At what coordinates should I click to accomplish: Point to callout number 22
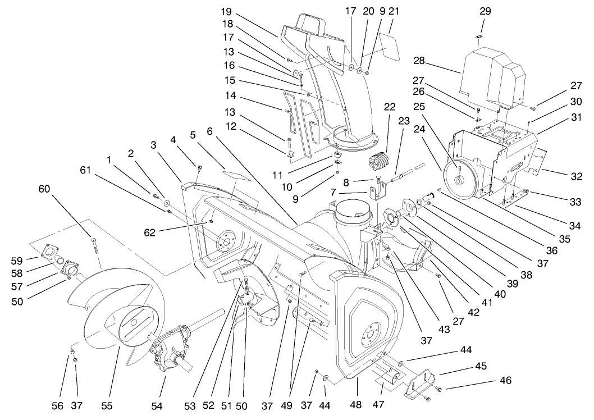click(x=390, y=107)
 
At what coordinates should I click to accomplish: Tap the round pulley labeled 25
click(x=459, y=179)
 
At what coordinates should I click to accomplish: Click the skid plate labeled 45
click(x=422, y=384)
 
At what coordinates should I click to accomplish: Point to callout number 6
click(x=209, y=131)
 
